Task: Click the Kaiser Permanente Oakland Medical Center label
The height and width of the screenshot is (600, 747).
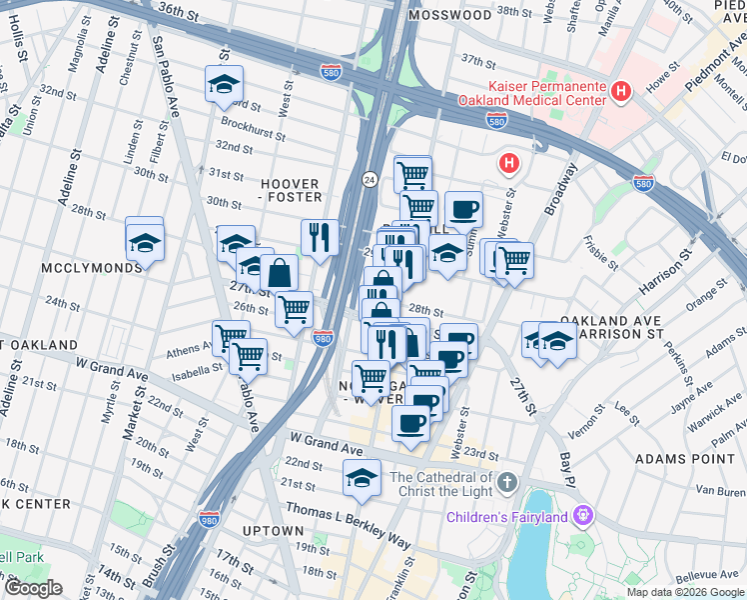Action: [x=531, y=93]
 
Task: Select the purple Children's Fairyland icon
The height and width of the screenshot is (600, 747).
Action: [x=583, y=516]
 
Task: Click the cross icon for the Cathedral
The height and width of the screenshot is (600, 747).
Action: [x=507, y=484]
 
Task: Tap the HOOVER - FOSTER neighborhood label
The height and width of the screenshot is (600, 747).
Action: [x=290, y=191]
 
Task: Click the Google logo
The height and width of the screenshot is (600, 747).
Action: [x=32, y=588]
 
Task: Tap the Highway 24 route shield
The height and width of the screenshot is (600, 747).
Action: [x=369, y=178]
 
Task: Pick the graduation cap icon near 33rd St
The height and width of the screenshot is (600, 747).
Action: [x=225, y=85]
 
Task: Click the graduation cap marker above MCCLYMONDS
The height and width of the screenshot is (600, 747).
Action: [x=145, y=241]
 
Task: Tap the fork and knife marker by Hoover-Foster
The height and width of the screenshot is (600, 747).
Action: [x=320, y=237]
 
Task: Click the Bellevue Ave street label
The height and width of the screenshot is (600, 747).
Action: [x=705, y=574]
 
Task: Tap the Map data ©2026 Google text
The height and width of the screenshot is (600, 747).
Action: [x=684, y=591]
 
